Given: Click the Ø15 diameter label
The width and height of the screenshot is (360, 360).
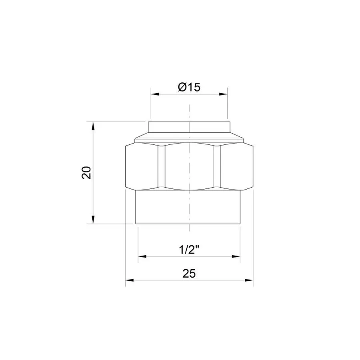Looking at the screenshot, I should coord(189,87).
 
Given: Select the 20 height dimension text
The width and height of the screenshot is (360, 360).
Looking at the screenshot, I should coord(87,172).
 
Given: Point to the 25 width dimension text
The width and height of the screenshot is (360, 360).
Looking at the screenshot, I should coord(189,273).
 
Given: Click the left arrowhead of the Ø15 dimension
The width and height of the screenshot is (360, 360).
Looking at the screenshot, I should coord(154,94).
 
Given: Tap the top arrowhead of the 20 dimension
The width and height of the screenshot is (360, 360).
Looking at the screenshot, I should coord(93,125).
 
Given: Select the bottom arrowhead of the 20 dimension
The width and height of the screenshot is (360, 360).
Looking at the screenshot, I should coord(93,220).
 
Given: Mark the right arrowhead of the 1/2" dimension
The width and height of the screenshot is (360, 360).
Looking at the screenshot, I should coord(238,256).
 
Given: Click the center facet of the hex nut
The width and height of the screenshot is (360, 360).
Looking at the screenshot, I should coord(189,166).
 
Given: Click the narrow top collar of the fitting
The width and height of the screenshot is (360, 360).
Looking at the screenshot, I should coord(189,127).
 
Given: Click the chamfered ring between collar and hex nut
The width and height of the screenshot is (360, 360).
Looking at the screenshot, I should coord(189,138).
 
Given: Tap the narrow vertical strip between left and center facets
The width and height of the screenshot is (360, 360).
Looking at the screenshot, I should coord(161,166).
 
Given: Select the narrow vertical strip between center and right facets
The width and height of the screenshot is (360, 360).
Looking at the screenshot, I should coord(217,166).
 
